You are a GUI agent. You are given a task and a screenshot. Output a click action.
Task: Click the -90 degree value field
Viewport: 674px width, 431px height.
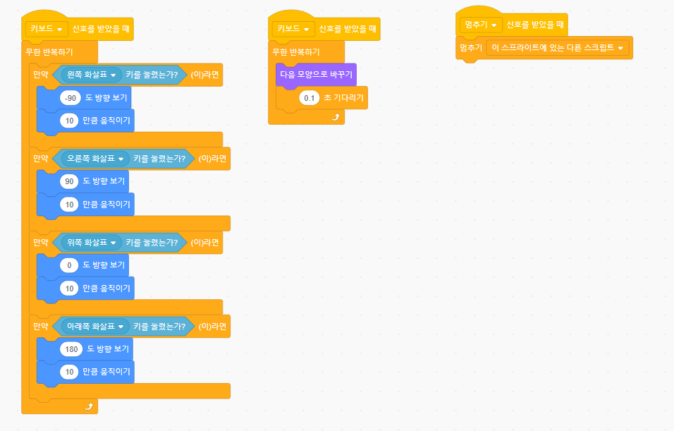70,99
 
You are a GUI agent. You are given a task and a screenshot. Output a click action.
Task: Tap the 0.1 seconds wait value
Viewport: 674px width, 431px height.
309,98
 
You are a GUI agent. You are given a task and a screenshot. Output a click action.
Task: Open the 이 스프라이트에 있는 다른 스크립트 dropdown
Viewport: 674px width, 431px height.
558,48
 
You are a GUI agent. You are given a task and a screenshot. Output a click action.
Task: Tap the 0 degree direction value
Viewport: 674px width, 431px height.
69,265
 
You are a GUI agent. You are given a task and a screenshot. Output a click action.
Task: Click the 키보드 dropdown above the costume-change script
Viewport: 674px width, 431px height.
293,29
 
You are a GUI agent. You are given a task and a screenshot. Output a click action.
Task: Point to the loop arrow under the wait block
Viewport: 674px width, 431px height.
336,117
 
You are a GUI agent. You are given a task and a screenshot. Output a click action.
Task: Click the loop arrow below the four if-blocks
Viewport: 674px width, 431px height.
89,406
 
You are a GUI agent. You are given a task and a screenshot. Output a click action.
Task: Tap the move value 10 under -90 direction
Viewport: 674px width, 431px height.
69,121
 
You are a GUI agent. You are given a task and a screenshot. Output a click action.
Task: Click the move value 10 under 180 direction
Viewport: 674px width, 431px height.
69,371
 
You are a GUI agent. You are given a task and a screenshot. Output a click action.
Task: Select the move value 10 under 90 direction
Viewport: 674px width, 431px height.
69,205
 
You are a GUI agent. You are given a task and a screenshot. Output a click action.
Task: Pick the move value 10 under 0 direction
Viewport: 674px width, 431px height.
69,288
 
